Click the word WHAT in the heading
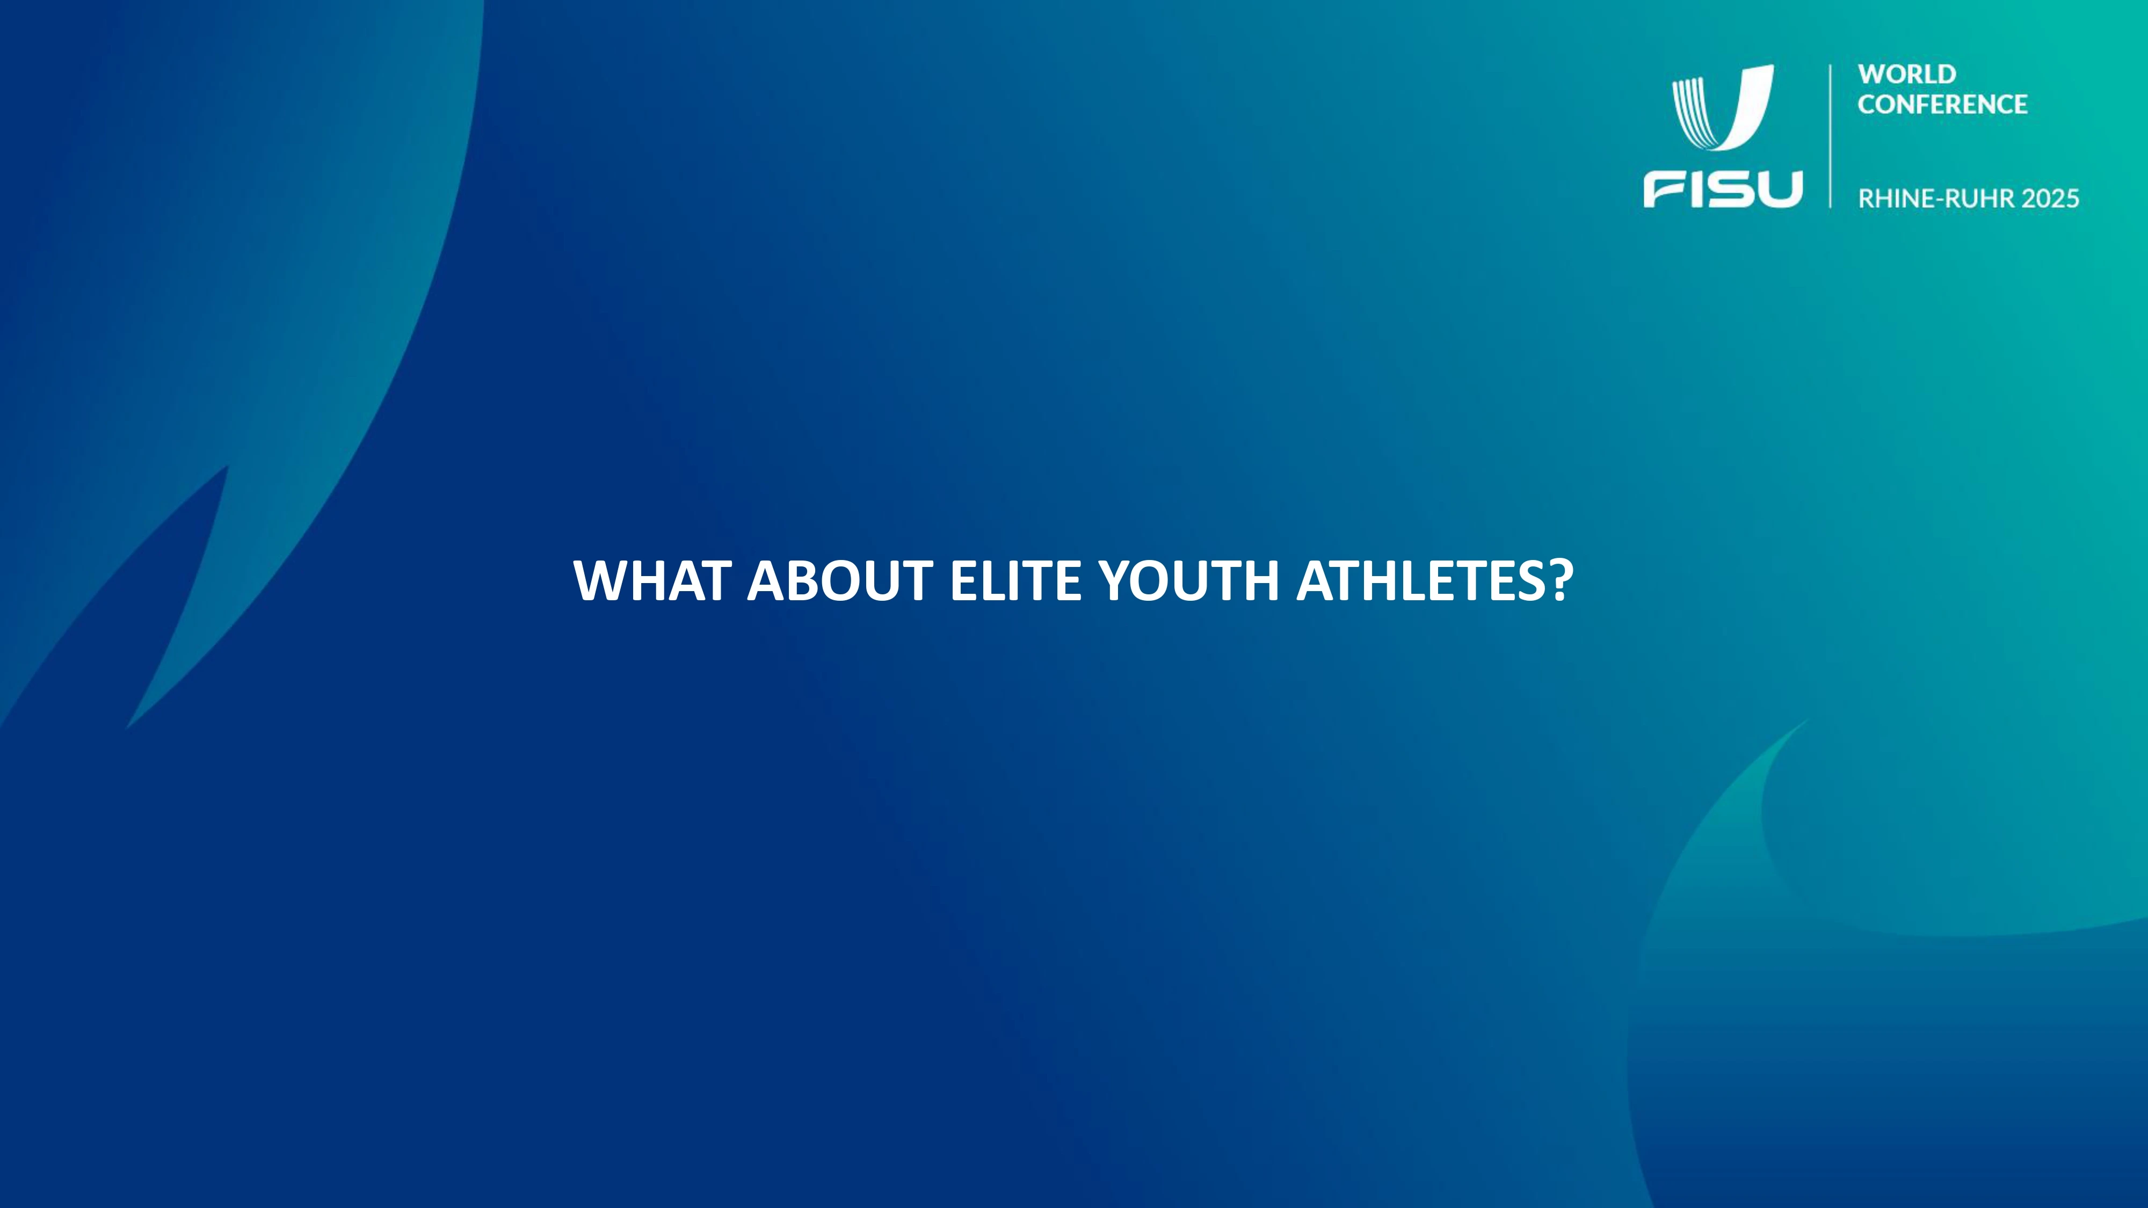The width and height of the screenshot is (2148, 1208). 652,580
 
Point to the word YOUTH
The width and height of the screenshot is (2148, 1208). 1188,580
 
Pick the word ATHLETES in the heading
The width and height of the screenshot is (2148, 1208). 1422,580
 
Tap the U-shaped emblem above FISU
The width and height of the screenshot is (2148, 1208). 1723,108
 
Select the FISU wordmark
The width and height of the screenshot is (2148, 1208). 1723,189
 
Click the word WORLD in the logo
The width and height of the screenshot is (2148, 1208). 1907,74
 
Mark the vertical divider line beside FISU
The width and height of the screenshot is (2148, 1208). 1830,136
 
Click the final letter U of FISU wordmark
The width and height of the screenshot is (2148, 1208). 1779,189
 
